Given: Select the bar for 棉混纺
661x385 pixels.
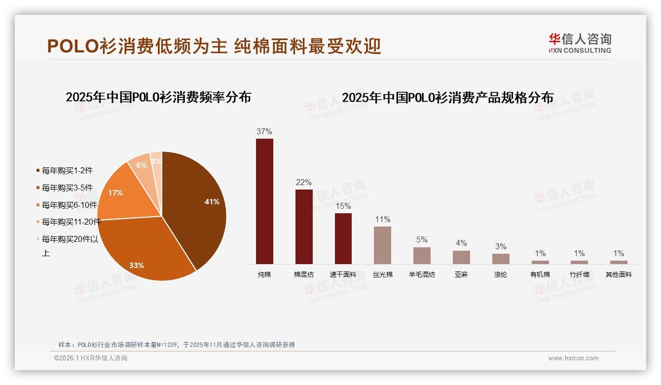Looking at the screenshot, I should (304, 227).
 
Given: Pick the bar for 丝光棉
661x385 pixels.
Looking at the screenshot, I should (382, 245).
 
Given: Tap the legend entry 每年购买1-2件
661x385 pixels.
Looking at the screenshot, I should (67, 171).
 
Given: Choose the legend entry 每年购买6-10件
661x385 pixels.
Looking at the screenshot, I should (69, 205).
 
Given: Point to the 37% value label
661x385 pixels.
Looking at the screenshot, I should (264, 132).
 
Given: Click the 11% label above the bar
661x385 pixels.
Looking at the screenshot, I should (382, 220).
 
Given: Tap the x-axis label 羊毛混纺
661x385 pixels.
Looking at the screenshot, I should (422, 274).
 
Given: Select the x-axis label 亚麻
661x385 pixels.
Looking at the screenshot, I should (461, 274).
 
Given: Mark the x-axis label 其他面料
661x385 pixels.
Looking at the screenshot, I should (619, 274).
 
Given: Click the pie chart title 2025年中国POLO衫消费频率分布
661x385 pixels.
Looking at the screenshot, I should (158, 97).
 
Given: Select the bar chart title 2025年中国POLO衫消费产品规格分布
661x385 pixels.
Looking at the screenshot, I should (448, 98).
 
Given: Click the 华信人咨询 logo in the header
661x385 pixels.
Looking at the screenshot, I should (580, 43).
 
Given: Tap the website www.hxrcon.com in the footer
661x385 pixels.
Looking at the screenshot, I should (573, 358).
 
